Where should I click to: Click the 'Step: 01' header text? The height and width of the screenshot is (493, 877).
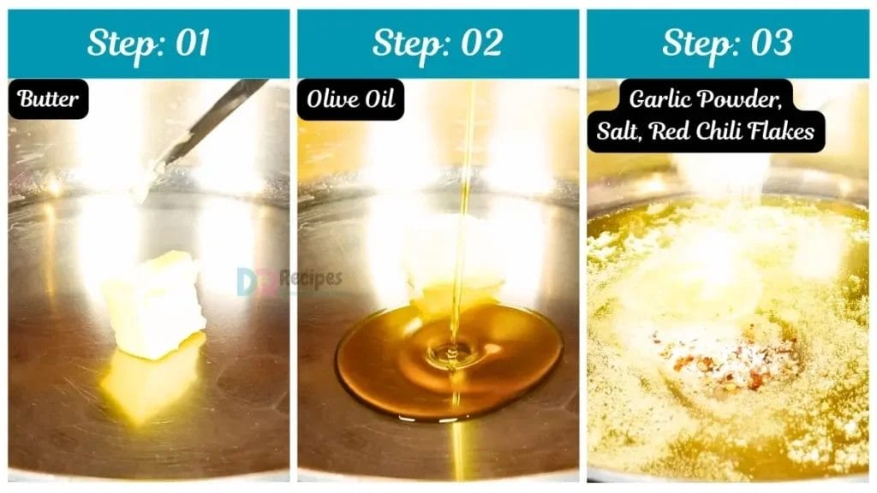[148, 44]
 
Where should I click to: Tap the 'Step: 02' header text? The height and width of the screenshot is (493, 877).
[438, 44]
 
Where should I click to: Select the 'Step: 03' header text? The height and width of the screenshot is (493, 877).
[727, 44]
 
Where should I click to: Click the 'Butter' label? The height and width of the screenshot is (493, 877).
[48, 99]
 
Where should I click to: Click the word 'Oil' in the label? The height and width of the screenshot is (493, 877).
[379, 99]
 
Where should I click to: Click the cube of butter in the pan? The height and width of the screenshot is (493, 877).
[154, 304]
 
